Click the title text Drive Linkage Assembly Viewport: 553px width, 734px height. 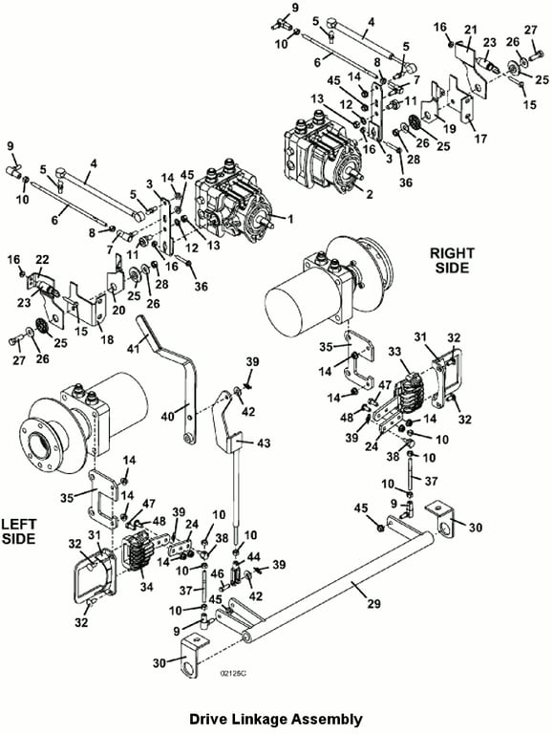[x=276, y=719]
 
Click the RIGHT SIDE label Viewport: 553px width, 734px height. [x=452, y=260]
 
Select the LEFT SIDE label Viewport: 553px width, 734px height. [x=18, y=531]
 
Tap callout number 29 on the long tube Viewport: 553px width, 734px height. [x=373, y=603]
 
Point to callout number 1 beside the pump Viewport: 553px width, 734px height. [x=290, y=218]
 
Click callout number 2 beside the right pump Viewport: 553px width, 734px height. [x=370, y=194]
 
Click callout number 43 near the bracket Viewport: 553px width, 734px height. [x=264, y=443]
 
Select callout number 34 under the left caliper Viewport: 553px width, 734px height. [x=147, y=586]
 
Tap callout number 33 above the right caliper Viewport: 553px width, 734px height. [x=395, y=352]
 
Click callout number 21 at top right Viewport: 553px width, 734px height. [x=470, y=30]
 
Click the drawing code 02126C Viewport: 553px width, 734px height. [x=233, y=673]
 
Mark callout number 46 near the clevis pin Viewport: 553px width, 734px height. [x=218, y=573]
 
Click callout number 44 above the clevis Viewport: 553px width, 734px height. [x=253, y=555]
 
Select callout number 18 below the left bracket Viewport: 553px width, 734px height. [x=107, y=339]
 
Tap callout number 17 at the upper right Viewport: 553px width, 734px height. [x=480, y=139]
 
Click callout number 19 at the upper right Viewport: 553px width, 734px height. [x=450, y=128]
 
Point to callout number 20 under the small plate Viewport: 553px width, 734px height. [x=118, y=310]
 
